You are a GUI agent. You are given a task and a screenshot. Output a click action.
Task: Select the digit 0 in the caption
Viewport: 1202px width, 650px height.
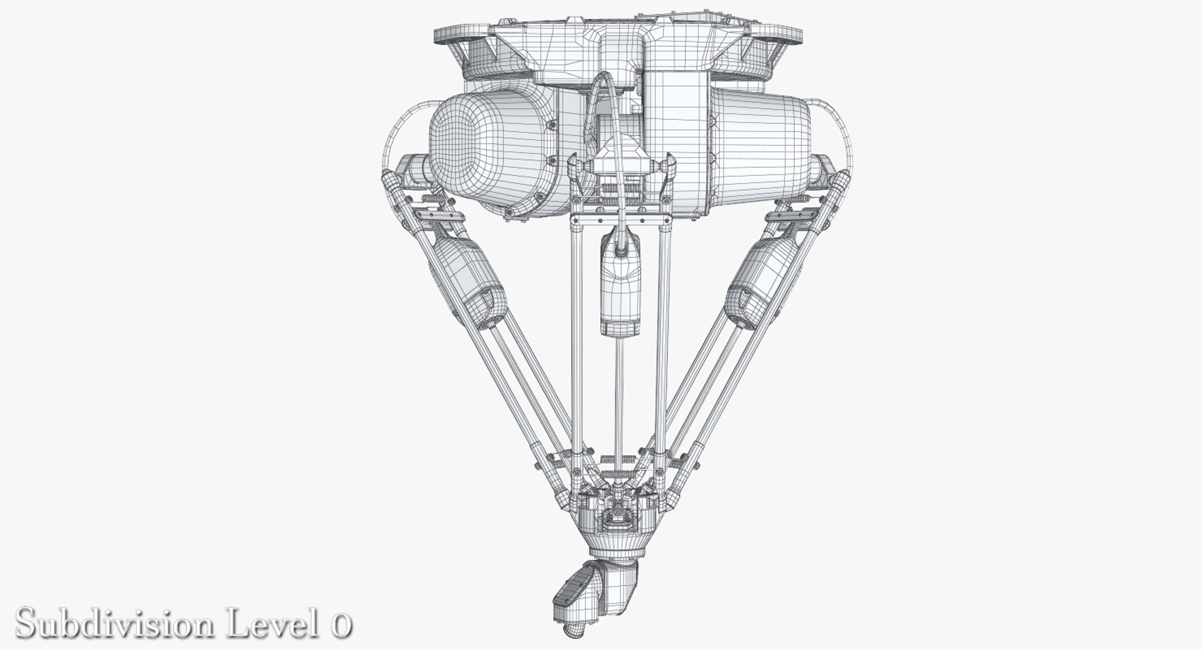pos(340,626)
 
